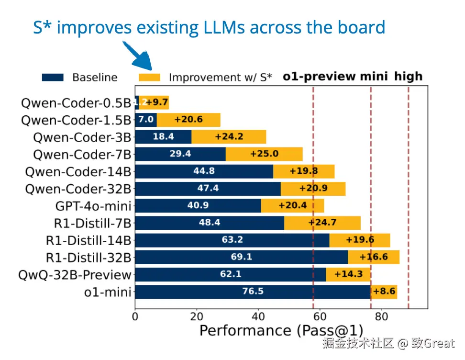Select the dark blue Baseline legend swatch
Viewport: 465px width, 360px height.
[x=53, y=77]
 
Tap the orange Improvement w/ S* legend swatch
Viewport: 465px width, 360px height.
[x=150, y=77]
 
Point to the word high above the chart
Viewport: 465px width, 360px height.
[x=408, y=77]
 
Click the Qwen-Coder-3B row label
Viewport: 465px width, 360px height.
[x=82, y=137]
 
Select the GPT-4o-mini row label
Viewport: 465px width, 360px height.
[x=93, y=206]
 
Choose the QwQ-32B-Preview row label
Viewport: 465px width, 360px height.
[x=75, y=275]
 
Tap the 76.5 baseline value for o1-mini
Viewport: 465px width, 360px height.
[x=253, y=292]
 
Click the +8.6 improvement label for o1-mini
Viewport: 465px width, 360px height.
[x=385, y=292]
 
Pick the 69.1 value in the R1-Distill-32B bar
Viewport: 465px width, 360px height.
[x=241, y=257]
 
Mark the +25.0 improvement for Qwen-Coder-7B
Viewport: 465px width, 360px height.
[x=264, y=154]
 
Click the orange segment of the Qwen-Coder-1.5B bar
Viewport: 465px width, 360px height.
[x=188, y=120]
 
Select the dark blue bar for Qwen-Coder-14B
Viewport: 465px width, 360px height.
[x=204, y=171]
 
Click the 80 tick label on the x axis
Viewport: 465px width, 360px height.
[x=381, y=317]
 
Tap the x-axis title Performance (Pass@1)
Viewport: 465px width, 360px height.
[x=281, y=331]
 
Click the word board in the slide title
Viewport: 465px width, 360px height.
[x=363, y=27]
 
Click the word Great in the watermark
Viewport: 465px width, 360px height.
[x=439, y=343]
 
